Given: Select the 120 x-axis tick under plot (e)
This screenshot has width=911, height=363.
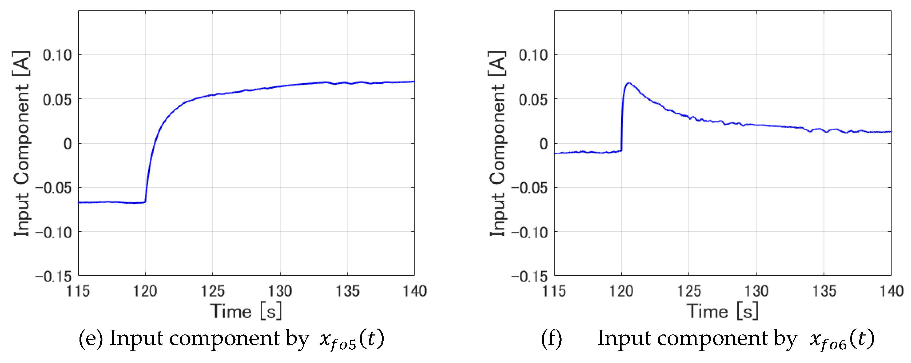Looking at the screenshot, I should tap(145, 291).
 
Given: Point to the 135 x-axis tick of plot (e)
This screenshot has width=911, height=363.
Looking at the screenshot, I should tap(347, 291).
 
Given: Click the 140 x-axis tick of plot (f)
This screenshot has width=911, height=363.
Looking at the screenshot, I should tap(892, 291).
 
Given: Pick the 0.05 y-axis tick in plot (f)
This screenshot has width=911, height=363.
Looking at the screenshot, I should tap(533, 100).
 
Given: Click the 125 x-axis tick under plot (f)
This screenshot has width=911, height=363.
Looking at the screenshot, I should tap(689, 291).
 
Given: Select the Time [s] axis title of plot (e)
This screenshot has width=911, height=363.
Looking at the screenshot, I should tap(246, 311).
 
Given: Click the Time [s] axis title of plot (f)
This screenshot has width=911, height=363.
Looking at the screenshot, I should tap(722, 311).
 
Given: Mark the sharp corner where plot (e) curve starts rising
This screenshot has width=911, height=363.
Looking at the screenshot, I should tap(145, 202).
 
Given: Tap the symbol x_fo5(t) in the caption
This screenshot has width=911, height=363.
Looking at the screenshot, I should tap(352, 340).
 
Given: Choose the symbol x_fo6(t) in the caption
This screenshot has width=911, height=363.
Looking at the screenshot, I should tap(842, 340).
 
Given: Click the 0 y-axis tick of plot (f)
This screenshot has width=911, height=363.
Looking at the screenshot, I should tap(544, 144).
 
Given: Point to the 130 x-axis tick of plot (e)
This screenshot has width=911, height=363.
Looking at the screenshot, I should tap(280, 291).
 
